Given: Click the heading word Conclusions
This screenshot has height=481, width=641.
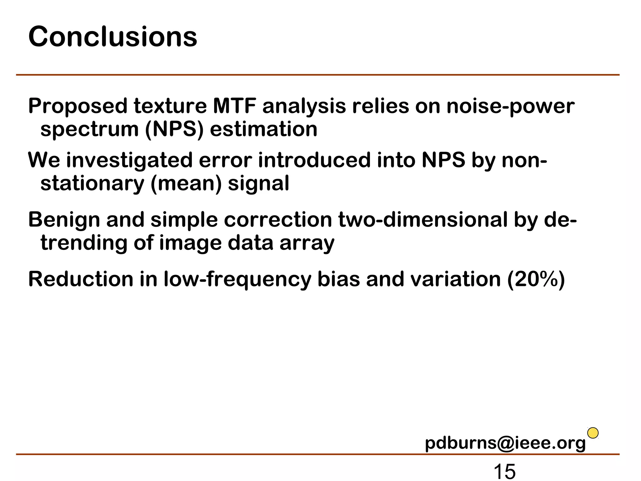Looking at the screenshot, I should (x=113, y=37).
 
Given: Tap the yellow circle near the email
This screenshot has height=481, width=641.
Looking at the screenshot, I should (x=593, y=433).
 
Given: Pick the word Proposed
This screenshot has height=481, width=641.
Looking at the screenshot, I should (x=78, y=106).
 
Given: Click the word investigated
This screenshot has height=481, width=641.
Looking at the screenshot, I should (x=129, y=160).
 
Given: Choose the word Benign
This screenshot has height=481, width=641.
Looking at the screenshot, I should (x=64, y=220).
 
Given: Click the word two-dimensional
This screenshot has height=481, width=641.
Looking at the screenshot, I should (x=423, y=220).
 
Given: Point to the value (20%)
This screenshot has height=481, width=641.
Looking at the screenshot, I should (x=536, y=279).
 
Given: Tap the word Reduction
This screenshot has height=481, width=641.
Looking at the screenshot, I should (x=81, y=279).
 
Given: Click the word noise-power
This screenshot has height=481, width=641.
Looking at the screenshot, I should (x=510, y=106).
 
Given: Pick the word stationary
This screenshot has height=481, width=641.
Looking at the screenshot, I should (x=92, y=184).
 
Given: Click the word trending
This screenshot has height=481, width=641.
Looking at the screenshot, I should (x=84, y=243).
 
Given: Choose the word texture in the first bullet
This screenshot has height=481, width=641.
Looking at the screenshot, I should (x=170, y=106).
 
